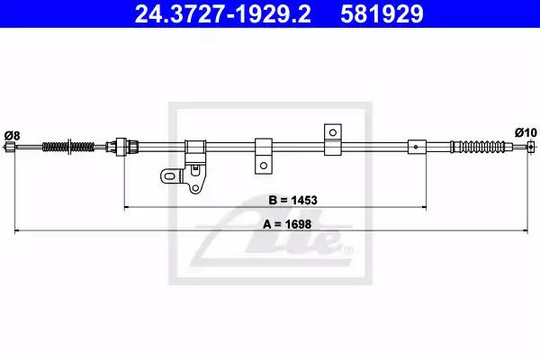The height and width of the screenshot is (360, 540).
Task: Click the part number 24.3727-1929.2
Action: coord(223,13)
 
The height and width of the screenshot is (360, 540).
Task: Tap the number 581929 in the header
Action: coord(382,13)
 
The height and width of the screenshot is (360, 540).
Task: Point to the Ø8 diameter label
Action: coord(12,135)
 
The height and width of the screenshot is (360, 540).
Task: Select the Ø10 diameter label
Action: coord(526,132)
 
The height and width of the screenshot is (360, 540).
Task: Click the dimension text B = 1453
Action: coord(292,200)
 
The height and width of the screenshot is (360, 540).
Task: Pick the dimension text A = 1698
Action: coord(287,224)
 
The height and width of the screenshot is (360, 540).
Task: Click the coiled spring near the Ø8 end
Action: coord(68,147)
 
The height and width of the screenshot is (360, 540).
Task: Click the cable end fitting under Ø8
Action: coord(10,147)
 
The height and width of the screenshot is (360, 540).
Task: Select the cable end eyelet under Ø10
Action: coord(532,147)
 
